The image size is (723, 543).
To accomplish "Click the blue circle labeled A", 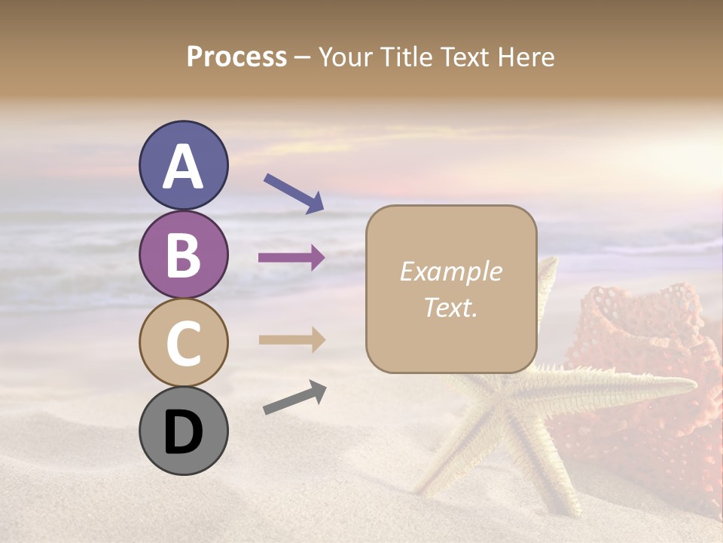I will [x=183, y=166].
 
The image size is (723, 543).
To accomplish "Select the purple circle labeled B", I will [x=183, y=254].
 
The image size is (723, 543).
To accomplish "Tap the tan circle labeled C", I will [x=183, y=342].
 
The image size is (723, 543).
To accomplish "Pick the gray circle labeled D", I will [x=183, y=431].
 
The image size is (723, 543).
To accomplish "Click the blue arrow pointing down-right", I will [x=294, y=193].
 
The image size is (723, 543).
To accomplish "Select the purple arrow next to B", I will [x=291, y=258].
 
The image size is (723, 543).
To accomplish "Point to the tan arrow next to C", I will [x=291, y=339].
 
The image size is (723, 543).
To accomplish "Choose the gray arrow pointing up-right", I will [x=294, y=397].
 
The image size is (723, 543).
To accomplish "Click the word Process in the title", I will [x=236, y=57].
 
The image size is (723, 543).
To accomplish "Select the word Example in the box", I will [x=450, y=271].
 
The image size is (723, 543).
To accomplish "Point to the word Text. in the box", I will [x=450, y=307].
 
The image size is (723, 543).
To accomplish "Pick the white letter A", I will [x=183, y=167].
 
